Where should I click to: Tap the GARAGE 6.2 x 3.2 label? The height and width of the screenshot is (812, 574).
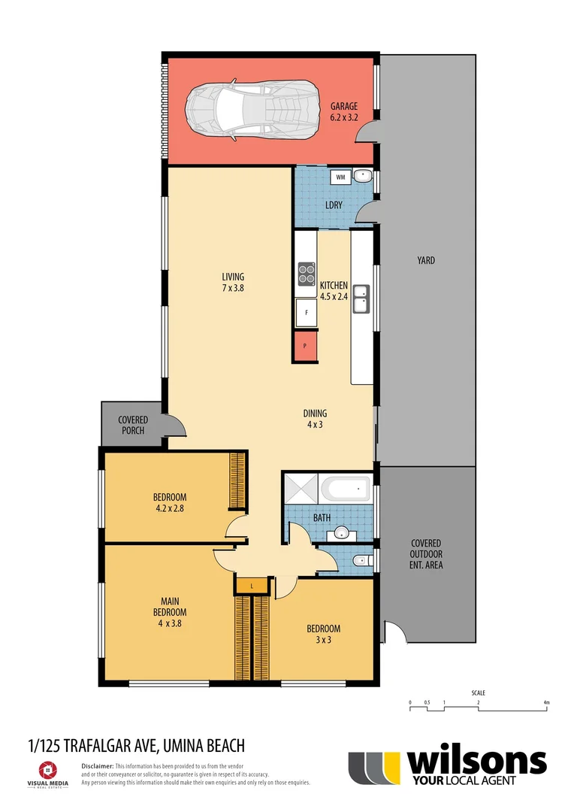pos(344,112)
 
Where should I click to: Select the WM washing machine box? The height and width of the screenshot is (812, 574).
pos(340,177)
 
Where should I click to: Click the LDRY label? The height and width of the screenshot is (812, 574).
pos(334,205)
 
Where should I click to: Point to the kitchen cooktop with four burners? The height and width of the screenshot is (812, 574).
pos(307,272)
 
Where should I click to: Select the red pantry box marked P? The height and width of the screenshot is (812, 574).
pos(305,347)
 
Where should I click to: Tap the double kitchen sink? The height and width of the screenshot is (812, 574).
pos(361,298)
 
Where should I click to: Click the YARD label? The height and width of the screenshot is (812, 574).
pos(426,261)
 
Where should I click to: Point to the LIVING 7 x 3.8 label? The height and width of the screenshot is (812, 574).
pos(232,282)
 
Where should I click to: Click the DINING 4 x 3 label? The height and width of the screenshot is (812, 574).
pos(315,419)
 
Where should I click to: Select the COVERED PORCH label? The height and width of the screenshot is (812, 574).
pos(133,425)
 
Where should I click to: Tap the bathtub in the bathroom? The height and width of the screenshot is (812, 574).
pos(346,490)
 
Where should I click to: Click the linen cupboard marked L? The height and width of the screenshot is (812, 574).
pos(251,585)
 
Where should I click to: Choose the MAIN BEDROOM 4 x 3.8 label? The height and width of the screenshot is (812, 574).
pos(169,611)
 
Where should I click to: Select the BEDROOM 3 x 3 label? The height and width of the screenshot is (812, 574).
pos(323,635)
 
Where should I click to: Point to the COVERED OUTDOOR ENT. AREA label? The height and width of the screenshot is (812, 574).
pos(426,554)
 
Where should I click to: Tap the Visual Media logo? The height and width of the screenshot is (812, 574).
pos(47,774)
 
